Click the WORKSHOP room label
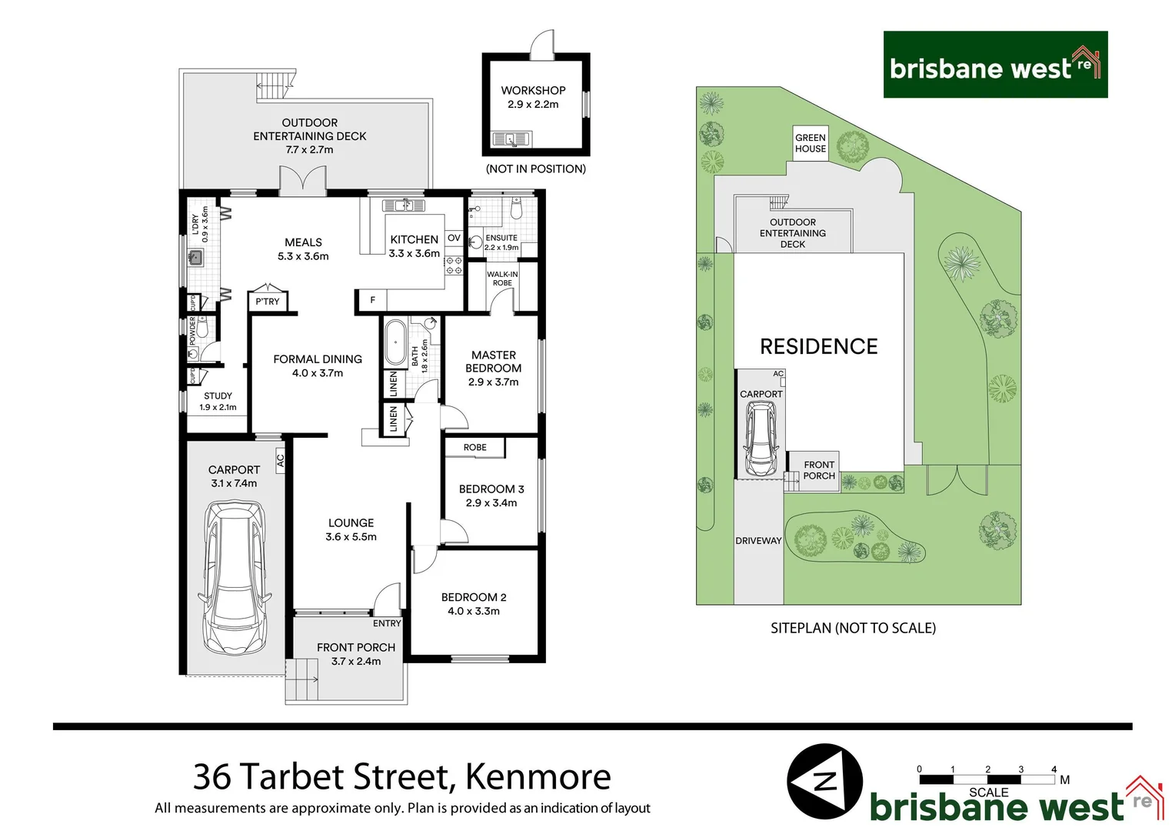coord(533,90)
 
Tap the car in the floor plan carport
coord(235,577)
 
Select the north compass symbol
coord(824,781)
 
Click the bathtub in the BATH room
coord(395,342)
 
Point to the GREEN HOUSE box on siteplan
coord(811,143)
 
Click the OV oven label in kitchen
coord(454,239)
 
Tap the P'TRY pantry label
coord(268,302)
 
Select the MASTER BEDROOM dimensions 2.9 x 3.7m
coord(493,382)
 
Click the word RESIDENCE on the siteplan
coord(818,347)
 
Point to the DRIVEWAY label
coord(758,541)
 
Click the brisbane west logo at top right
coord(995,65)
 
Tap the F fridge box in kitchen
coord(373,300)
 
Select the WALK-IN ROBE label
coord(502,279)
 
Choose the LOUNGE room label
coord(351,522)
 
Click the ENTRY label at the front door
coord(387,623)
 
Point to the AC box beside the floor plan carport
coord(280,461)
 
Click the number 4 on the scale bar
coord(1054,769)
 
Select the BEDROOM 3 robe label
coord(474,447)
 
